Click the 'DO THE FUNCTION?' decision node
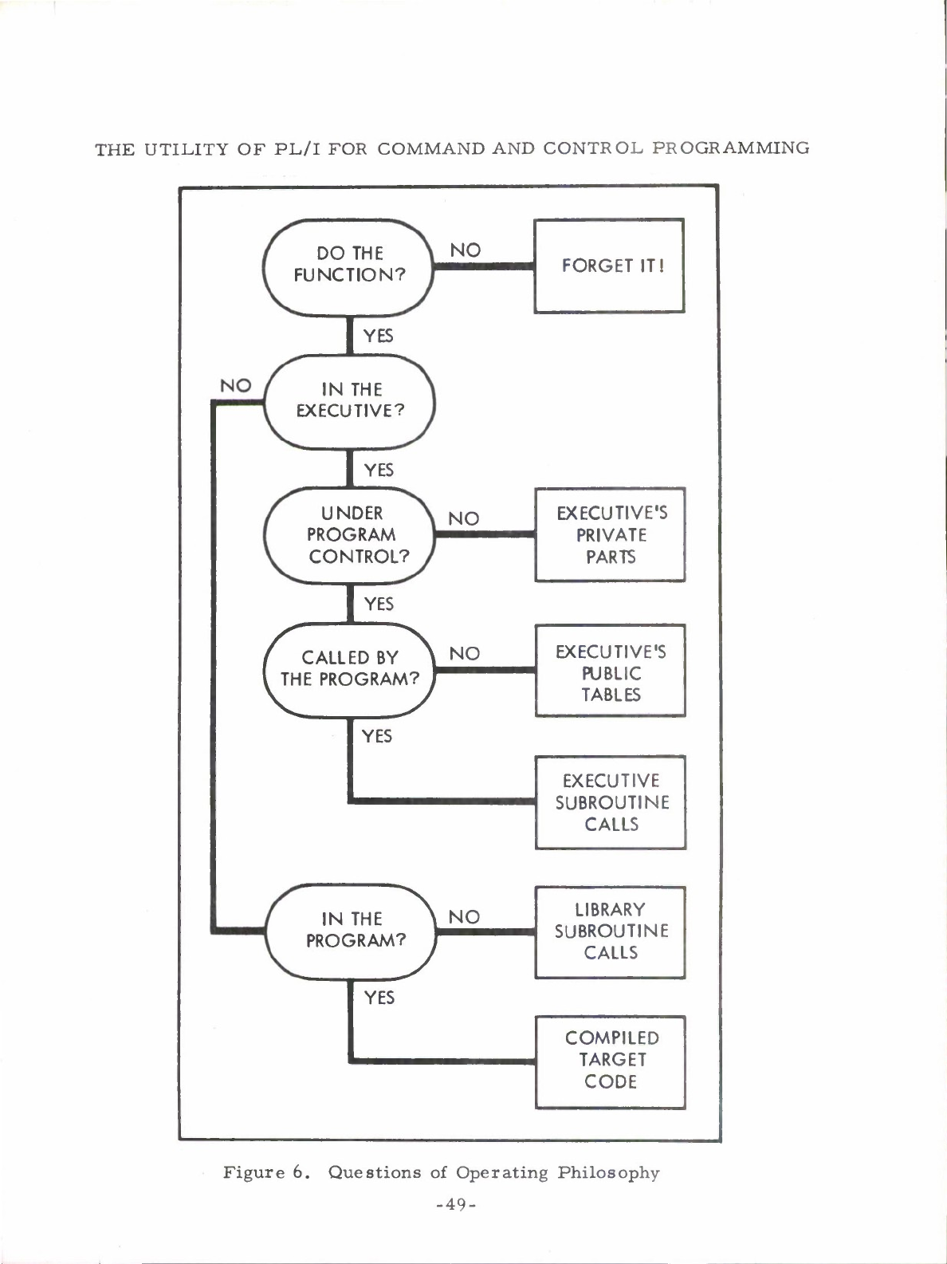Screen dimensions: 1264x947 [348, 265]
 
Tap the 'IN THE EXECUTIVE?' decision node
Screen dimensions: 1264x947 [350, 400]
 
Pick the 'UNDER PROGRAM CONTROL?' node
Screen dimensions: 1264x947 [350, 535]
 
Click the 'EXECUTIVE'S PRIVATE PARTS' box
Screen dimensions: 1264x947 [611, 534]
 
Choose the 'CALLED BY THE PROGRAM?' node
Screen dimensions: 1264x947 [350, 668]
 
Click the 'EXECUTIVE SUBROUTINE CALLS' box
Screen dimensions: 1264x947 [611, 802]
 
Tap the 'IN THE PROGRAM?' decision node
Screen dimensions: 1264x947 [352, 930]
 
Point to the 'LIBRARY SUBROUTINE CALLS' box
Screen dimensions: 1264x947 [611, 931]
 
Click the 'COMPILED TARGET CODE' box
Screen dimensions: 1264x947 [611, 1061]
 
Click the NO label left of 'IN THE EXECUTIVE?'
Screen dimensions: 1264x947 [235, 386]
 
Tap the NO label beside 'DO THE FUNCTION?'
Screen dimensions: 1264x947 [466, 250]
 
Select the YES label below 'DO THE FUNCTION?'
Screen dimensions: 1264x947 [378, 336]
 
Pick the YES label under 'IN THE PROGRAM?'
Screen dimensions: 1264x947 [379, 997]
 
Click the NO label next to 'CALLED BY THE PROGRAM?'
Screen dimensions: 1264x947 [464, 654]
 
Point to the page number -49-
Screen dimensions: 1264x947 [457, 1205]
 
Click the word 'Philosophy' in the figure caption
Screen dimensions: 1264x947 [608, 1173]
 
